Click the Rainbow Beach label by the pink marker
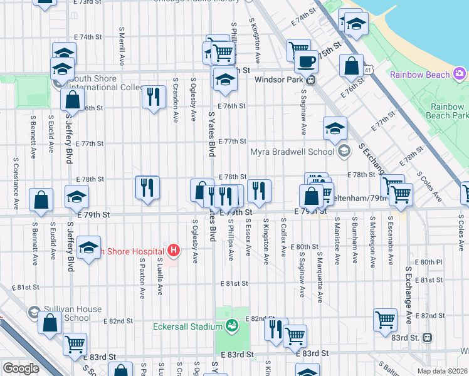420,75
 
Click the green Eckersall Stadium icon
233,326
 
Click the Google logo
21,368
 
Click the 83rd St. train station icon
428,337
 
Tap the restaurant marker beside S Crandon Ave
153,97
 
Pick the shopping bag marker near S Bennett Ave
41,200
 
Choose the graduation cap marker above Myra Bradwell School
335,128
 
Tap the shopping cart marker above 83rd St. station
385,320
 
